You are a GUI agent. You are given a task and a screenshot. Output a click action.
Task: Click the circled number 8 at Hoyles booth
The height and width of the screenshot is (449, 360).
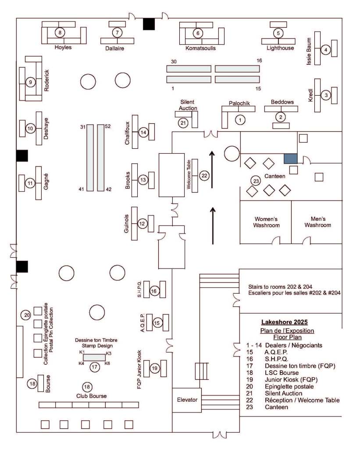click(59, 32)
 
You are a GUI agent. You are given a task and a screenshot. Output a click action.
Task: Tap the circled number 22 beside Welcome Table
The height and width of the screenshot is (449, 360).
click(204, 175)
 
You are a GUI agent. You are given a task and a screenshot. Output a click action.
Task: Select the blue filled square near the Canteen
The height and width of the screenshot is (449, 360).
click(290, 159)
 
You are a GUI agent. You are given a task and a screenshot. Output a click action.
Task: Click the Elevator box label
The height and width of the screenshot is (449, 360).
click(186, 400)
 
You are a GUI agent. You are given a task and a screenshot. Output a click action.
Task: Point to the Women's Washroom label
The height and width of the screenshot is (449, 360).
click(266, 222)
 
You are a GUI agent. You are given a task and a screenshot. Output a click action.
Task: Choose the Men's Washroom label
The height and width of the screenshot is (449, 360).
click(318, 222)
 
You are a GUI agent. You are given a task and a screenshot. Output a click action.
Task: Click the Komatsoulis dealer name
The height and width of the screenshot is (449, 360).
click(200, 48)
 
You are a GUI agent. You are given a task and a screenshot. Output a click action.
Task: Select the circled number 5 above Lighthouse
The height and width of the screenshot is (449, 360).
click(278, 32)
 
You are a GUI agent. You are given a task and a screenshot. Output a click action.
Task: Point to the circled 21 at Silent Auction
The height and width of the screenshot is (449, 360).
click(183, 123)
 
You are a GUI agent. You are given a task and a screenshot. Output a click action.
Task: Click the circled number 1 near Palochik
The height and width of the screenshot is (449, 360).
click(239, 119)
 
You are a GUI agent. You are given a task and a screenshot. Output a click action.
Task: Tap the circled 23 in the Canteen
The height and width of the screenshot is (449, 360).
click(256, 181)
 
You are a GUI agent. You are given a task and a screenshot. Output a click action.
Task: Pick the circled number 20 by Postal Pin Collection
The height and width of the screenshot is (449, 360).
click(26, 315)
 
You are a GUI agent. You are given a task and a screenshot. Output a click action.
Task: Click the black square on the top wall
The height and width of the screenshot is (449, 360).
click(149, 24)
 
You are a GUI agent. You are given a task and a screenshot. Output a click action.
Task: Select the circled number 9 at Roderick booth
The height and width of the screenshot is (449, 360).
click(30, 82)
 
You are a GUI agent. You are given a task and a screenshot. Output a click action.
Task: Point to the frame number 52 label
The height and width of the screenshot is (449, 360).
click(108, 126)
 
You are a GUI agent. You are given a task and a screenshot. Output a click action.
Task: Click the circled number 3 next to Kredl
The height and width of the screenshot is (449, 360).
click(325, 95)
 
